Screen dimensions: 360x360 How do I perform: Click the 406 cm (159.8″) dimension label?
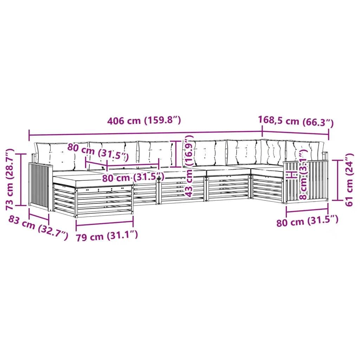point(144,120)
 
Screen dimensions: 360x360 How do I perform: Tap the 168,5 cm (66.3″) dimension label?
point(296,121)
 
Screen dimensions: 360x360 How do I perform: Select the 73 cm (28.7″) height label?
point(10,179)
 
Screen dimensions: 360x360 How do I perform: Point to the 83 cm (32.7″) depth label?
point(38,228)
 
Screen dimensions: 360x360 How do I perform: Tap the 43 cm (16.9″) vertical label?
point(189,166)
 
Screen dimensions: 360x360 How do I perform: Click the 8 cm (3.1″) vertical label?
point(303,174)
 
